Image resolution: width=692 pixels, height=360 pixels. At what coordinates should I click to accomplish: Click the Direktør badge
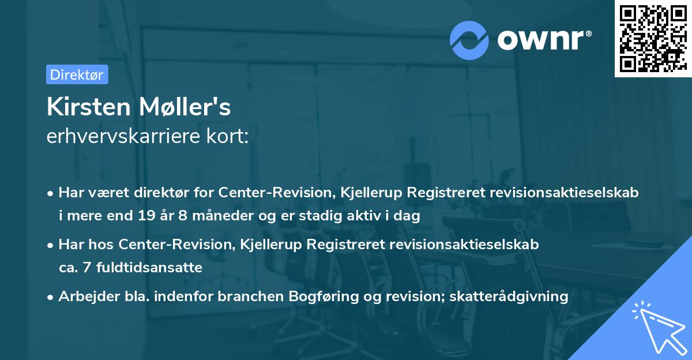click(x=77, y=74)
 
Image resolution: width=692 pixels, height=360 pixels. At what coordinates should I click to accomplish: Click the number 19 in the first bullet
click(x=145, y=216)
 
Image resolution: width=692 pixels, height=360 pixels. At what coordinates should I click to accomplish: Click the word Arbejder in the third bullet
click(x=84, y=297)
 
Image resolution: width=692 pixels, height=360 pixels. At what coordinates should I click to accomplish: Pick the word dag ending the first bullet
click(x=408, y=216)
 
